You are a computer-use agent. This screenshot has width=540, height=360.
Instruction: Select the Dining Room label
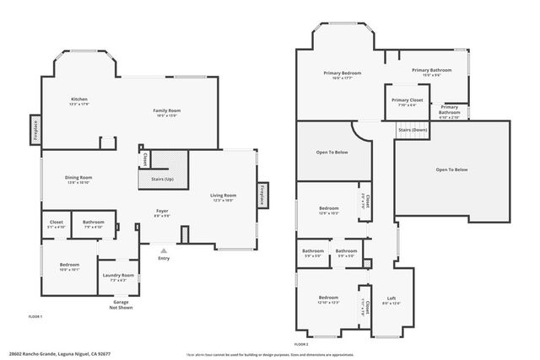78,179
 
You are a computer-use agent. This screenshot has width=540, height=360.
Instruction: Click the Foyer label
162,212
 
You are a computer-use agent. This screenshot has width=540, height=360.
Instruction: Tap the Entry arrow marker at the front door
163,250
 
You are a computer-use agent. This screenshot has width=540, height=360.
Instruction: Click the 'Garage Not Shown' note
122,304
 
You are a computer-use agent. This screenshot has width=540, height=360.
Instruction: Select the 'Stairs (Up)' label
162,180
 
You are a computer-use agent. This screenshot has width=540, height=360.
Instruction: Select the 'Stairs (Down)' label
413,130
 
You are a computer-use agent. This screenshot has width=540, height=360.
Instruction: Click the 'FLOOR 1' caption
35,315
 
